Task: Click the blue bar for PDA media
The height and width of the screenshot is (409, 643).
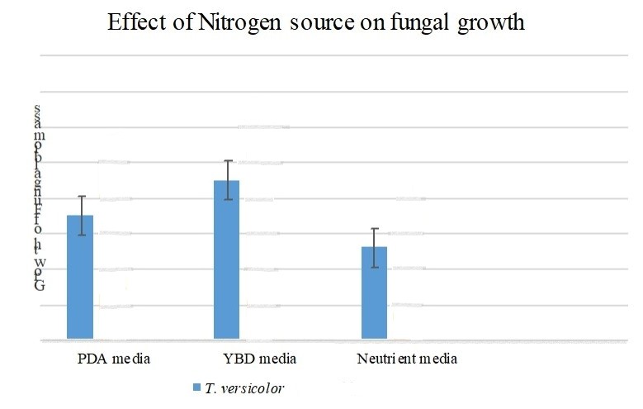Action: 80,277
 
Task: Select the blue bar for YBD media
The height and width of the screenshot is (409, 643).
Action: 227,259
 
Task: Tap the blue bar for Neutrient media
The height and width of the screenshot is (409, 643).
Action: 374,292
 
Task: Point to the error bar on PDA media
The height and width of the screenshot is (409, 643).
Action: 80,216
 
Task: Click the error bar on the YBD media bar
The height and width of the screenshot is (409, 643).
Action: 227,180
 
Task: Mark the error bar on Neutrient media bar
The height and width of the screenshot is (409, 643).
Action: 374,248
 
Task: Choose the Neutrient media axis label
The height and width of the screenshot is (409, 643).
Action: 407,359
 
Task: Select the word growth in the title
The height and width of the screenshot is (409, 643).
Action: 488,24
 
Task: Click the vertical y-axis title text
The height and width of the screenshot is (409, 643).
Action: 38,198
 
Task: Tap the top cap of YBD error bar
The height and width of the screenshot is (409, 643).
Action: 227,160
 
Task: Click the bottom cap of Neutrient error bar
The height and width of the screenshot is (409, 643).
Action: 374,268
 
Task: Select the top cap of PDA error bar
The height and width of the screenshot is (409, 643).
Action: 80,197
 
